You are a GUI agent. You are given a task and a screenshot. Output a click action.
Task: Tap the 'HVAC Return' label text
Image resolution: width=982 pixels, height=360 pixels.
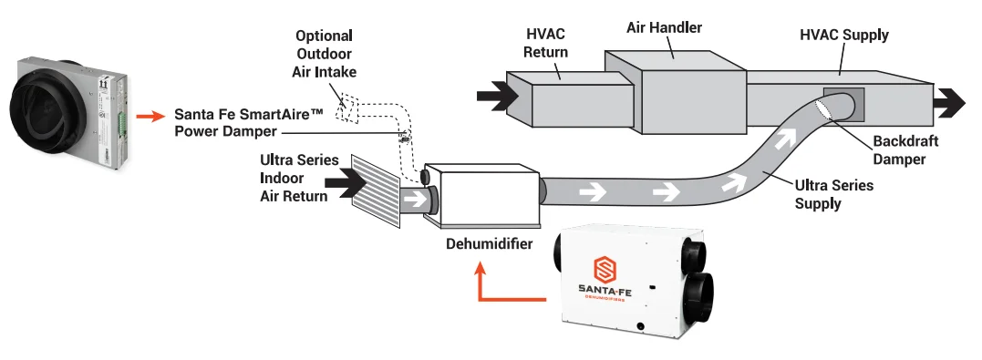coord(545,43)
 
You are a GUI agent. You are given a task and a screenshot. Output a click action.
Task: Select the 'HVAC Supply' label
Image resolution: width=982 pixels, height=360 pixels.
coord(844,35)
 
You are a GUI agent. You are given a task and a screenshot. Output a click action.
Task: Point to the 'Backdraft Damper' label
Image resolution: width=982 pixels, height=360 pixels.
coord(905,150)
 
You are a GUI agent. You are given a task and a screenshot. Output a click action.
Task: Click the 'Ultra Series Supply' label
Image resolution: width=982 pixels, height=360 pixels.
coord(833,194)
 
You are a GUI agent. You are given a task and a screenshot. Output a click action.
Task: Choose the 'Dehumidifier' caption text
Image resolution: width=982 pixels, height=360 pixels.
coord(489,243)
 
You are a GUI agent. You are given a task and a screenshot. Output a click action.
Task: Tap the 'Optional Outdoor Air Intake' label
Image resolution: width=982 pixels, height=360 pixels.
coord(324,54)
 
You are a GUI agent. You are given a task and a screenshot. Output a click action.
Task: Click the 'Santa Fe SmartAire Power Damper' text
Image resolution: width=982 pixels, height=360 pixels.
coord(249,123)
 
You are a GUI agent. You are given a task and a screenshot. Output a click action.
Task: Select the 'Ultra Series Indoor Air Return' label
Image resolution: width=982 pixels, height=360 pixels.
coord(299,179)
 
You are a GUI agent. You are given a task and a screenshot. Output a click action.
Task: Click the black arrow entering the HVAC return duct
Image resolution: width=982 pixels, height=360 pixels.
coord(498,97)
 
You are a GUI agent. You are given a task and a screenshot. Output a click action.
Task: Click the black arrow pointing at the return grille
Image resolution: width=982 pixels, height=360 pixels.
coord(345,183)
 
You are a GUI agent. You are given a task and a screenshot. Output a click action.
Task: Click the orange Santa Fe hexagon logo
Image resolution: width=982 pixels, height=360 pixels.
coord(605,270)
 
